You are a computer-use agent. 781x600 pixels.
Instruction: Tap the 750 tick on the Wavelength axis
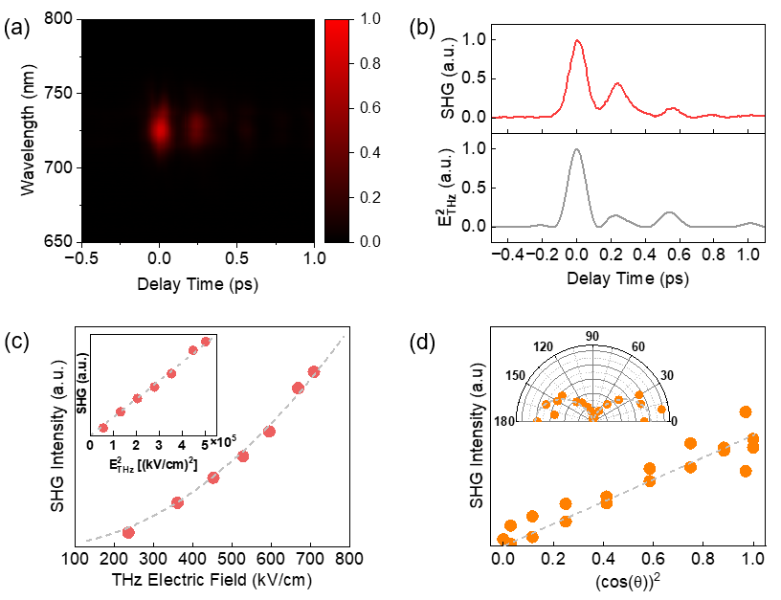pyautogui.click(x=62, y=94)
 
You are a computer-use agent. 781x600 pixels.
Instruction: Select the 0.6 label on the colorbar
pyautogui.click(x=369, y=108)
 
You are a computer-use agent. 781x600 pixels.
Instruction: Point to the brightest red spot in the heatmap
pyautogui.click(x=160, y=128)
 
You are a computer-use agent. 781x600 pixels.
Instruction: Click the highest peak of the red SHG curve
pyautogui.click(x=576, y=41)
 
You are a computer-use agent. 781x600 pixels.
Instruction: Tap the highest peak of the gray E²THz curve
pyautogui.click(x=576, y=149)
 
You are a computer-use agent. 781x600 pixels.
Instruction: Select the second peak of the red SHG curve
pyautogui.click(x=617, y=84)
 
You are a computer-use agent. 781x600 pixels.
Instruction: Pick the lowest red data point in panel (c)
pyautogui.click(x=128, y=532)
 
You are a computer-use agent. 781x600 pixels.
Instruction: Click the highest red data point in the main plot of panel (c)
pyautogui.click(x=314, y=371)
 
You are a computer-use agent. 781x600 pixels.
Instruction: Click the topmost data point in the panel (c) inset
pyautogui.click(x=205, y=341)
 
